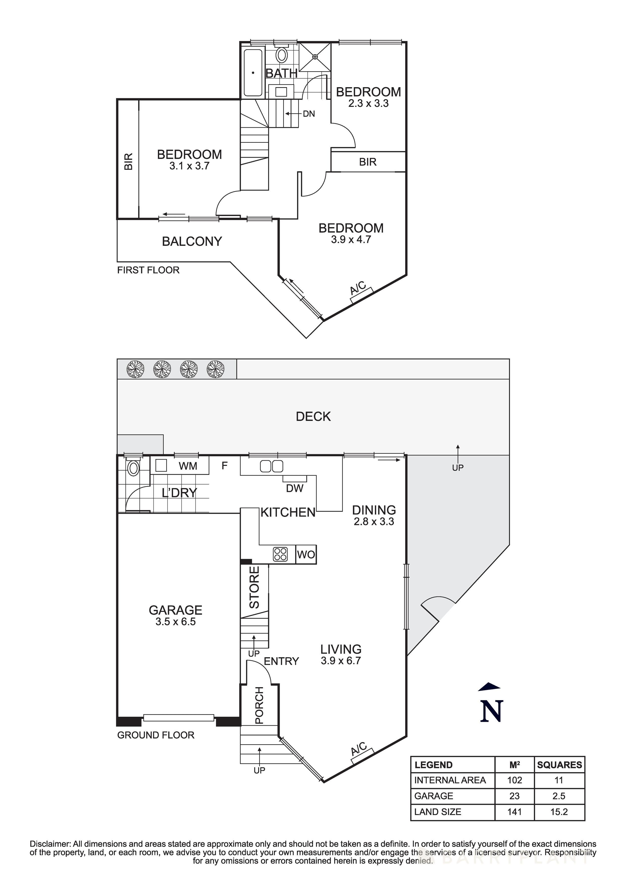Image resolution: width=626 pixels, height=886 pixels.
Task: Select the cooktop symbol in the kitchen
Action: click(x=280, y=555)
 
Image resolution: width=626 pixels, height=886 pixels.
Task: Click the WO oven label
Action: click(x=306, y=555)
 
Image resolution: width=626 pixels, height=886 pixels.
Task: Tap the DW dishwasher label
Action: click(x=295, y=488)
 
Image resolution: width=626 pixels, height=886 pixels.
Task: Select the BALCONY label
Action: click(x=192, y=241)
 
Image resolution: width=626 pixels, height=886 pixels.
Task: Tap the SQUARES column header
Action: click(x=559, y=765)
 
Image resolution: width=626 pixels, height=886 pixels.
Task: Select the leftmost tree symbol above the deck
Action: click(x=135, y=369)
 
